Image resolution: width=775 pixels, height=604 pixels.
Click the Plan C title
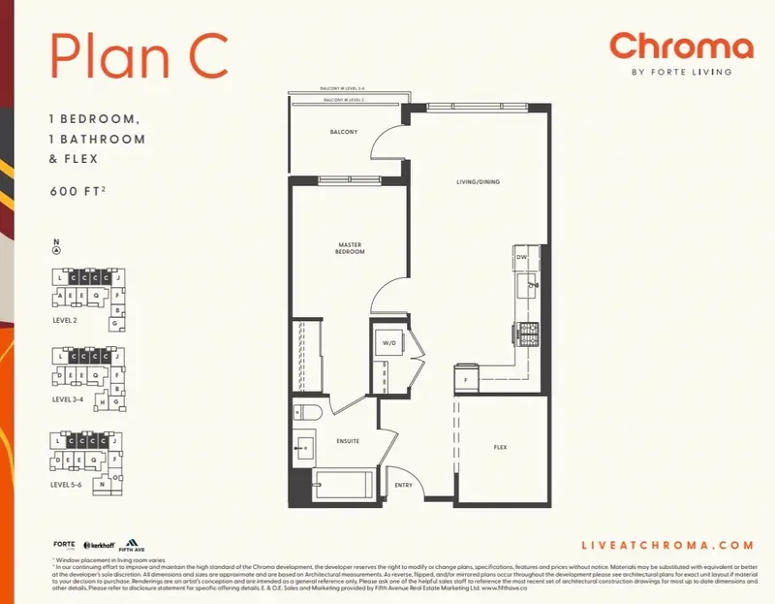tap(139, 55)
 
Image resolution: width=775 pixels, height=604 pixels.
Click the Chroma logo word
tap(681, 47)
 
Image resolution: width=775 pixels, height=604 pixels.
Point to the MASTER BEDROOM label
tap(351, 248)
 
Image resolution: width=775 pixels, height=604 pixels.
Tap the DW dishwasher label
tap(521, 257)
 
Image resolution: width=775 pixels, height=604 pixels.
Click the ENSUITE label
tap(348, 441)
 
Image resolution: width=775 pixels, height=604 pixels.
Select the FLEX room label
tap(501, 447)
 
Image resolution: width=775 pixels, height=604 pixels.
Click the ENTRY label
tap(403, 485)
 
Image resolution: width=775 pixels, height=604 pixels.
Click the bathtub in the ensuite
tap(342, 482)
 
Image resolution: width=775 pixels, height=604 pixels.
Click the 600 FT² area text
tap(78, 192)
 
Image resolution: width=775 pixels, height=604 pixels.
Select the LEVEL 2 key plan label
tap(68, 318)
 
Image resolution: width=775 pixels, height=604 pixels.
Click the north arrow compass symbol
tap(57, 249)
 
